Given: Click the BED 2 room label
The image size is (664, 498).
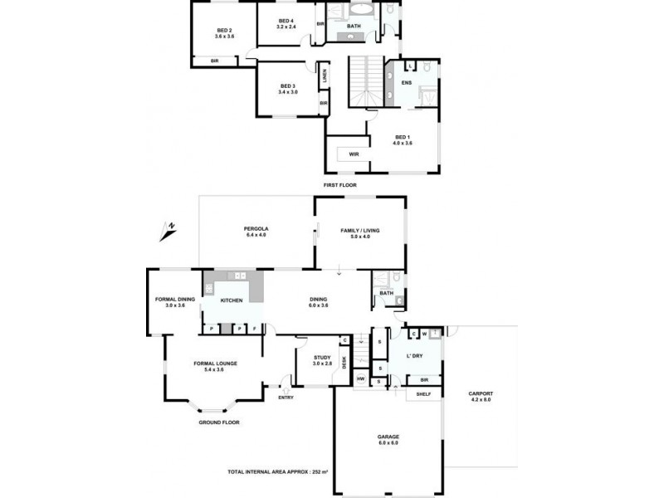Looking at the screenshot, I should pyautogui.click(x=223, y=31).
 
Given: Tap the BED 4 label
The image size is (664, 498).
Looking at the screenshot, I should pyautogui.click(x=286, y=21).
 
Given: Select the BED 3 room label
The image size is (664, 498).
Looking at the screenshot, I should pyautogui.click(x=288, y=86).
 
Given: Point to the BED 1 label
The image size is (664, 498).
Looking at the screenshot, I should pyautogui.click(x=403, y=137).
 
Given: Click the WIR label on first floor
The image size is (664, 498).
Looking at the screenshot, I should pyautogui.click(x=354, y=154).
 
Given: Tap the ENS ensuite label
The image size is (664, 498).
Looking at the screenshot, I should pyautogui.click(x=407, y=83).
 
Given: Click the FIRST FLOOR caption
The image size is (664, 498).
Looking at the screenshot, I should pyautogui.click(x=340, y=185).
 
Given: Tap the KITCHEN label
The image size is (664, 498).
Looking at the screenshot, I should pyautogui.click(x=232, y=300).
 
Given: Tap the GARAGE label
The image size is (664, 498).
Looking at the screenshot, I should pyautogui.click(x=388, y=437).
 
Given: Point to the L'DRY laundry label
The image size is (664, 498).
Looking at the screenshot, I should pyautogui.click(x=416, y=356).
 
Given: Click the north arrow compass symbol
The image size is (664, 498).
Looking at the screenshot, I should pyautogui.click(x=168, y=230).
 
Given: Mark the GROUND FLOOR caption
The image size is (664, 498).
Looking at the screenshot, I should pyautogui.click(x=219, y=422).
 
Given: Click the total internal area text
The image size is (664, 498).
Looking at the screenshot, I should pyautogui.click(x=278, y=471).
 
